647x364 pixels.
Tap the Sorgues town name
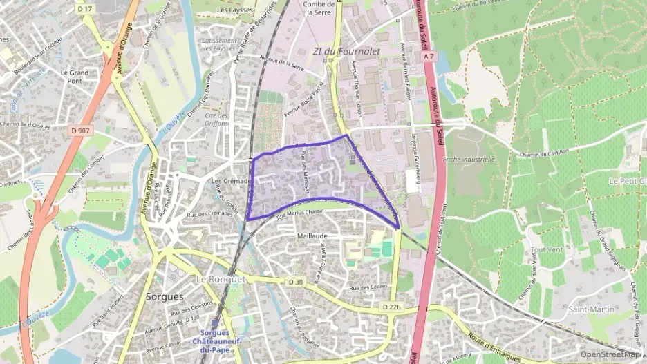165,296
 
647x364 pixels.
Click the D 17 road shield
85,8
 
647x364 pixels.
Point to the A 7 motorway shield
429,56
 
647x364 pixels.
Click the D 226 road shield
391,306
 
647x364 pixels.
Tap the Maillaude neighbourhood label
312,236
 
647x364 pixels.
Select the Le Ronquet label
221,279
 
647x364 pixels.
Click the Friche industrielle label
469,159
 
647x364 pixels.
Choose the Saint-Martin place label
588,309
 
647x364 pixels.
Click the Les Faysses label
235,11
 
